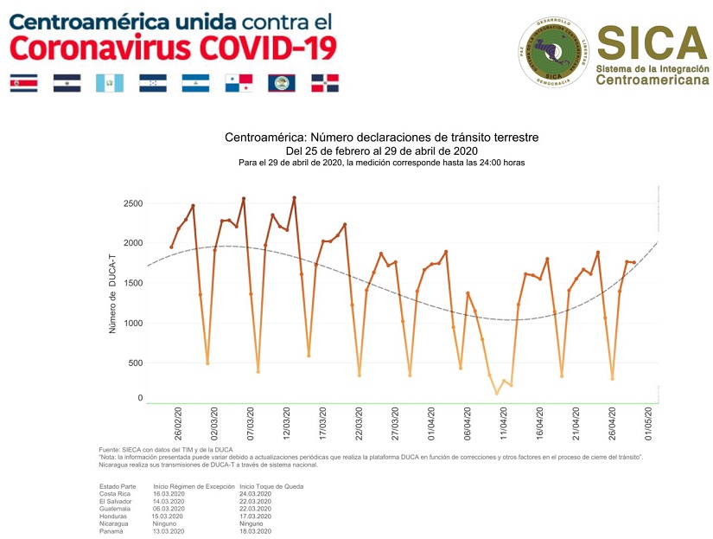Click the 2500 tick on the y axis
coord(131,203)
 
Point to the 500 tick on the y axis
coord(134,363)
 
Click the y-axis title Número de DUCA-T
coord(111,293)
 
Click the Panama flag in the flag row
coord(239,83)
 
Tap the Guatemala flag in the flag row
coord(109,83)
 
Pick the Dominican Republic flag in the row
coord(325,83)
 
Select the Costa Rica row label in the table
coord(117,494)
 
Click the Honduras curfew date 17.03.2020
coord(256,517)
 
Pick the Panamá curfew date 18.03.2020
coord(256,531)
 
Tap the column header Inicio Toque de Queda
coord(271,486)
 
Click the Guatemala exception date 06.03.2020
coord(169,509)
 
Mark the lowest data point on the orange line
coord(496,394)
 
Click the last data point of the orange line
coord(633,262)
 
